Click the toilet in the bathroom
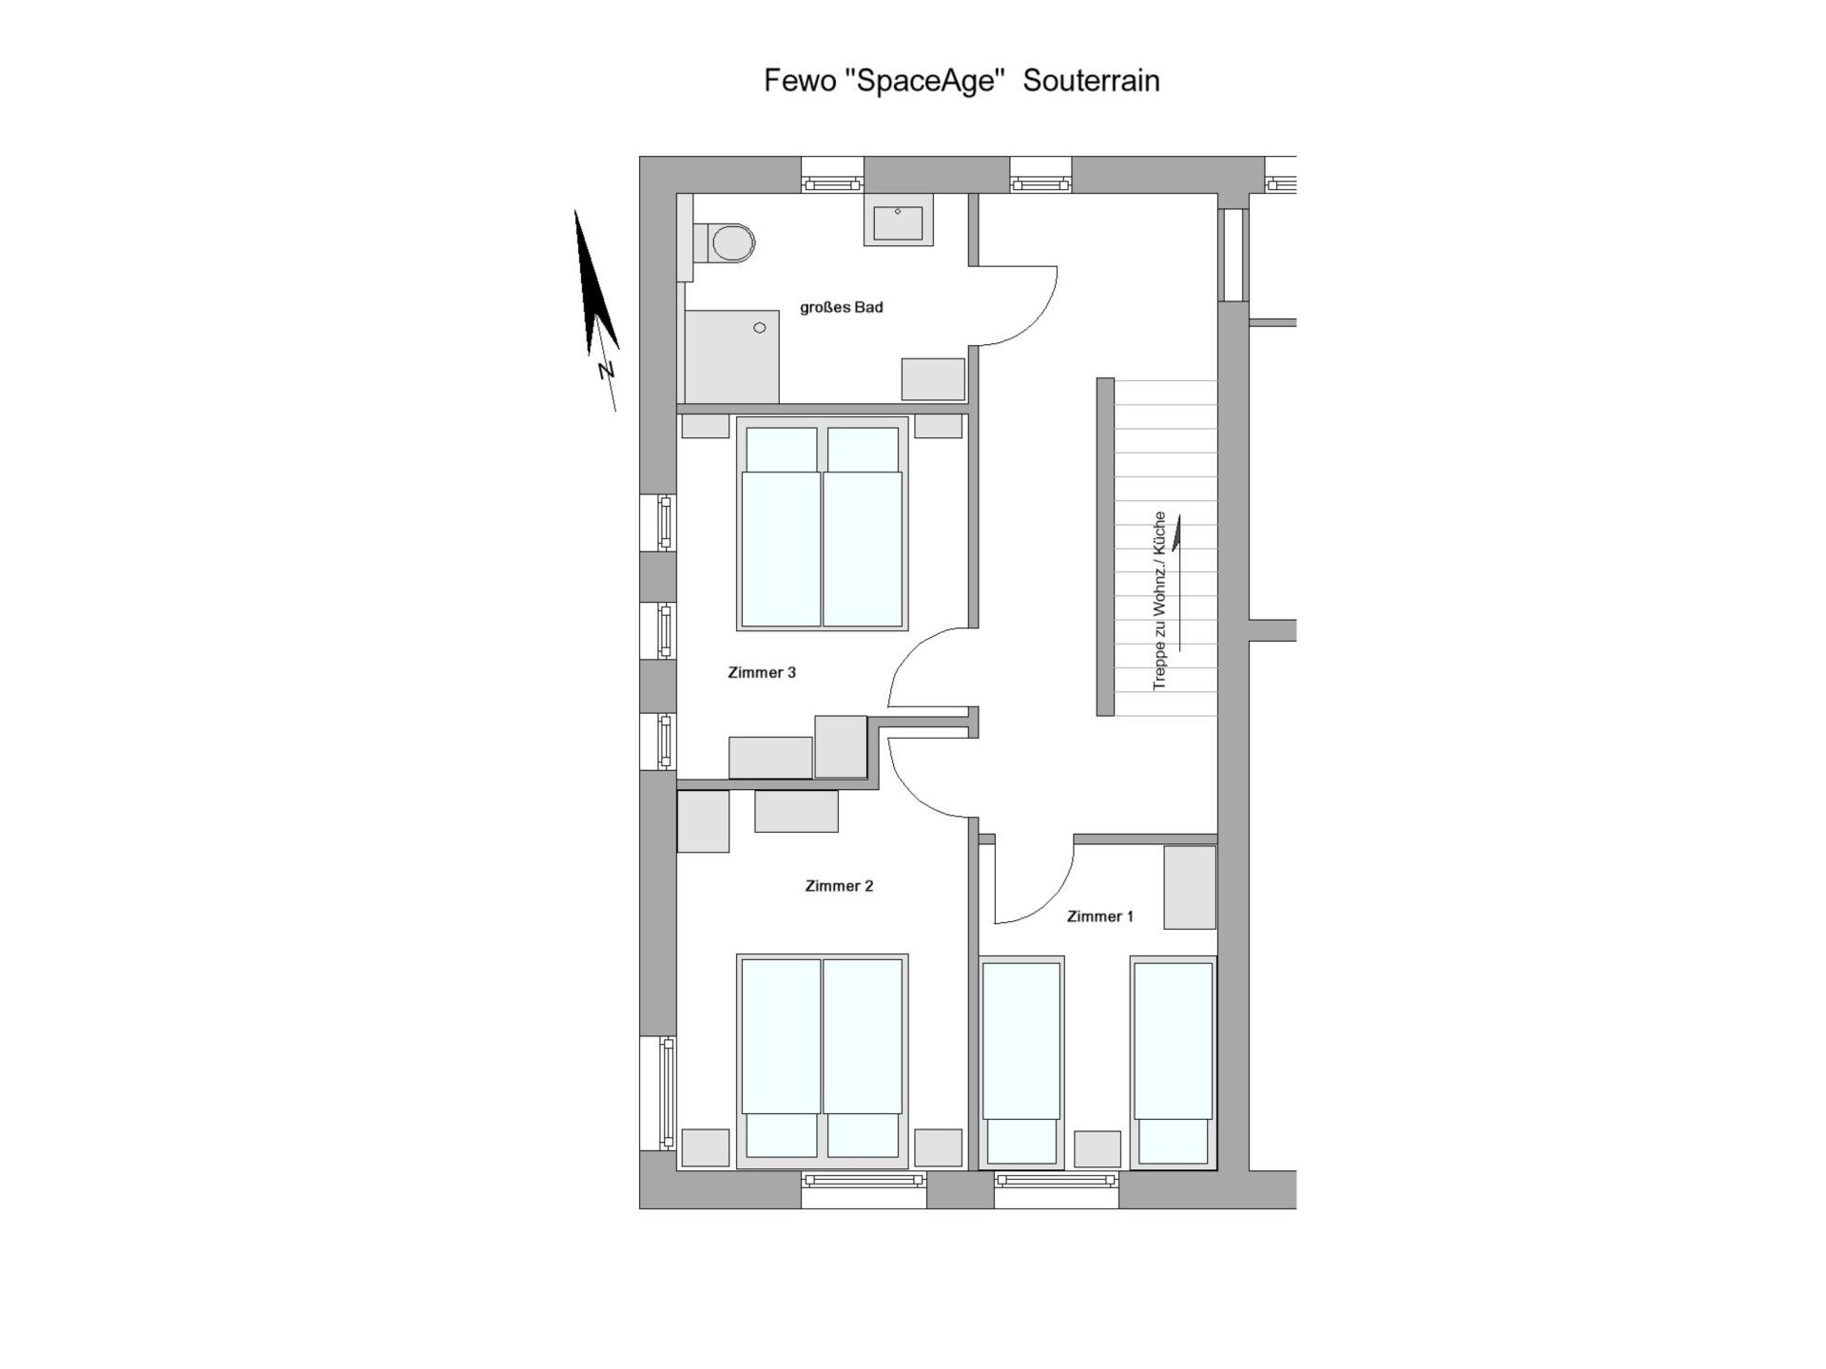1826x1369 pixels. (725, 243)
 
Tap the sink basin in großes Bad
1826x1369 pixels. (898, 221)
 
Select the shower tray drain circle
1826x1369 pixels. (760, 328)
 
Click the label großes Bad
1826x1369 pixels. (842, 307)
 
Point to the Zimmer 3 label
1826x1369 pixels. (762, 672)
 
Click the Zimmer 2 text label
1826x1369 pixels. (839, 886)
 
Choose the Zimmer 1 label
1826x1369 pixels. (1100, 916)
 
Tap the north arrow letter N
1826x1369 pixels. (606, 370)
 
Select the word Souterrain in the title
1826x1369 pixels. (1092, 81)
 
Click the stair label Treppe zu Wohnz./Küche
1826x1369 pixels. (1159, 601)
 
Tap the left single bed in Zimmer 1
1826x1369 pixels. (1021, 1062)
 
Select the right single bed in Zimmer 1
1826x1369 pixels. (1174, 1062)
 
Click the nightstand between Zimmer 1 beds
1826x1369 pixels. (1098, 1148)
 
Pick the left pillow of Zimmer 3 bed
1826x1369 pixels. (782, 450)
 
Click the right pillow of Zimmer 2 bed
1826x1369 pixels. (864, 1135)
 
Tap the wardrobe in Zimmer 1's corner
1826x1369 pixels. (1190, 887)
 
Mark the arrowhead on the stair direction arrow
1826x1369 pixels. (1177, 532)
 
